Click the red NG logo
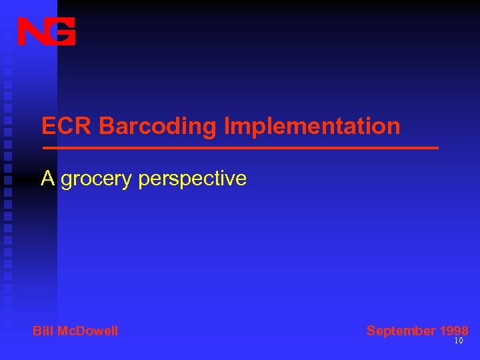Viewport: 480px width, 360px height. [x=46, y=31]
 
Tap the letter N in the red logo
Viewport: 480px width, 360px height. [x=31, y=31]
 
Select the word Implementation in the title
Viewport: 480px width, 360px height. [x=312, y=126]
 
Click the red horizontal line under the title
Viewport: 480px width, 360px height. [x=240, y=147]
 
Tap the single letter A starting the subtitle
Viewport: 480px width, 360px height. [x=47, y=178]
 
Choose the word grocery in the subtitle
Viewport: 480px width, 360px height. [x=97, y=179]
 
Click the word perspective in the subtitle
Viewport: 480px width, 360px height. [x=193, y=179]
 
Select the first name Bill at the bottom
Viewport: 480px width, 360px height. [x=42, y=331]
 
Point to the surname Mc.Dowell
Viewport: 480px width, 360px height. [x=87, y=331]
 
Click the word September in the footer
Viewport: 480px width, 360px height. [x=401, y=331]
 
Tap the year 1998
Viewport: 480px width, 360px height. [x=454, y=331]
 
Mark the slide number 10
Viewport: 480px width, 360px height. [x=458, y=341]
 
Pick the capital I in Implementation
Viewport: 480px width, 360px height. [x=227, y=126]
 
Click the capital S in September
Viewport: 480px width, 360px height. [x=371, y=331]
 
